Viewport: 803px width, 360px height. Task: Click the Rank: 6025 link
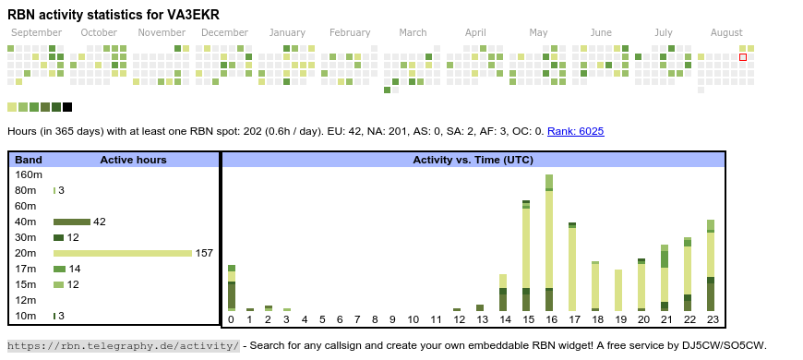coord(576,131)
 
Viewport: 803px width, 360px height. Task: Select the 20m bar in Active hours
coord(123,253)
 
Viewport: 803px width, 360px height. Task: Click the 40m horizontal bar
coord(72,222)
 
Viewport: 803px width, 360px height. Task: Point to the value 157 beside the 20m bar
coord(204,253)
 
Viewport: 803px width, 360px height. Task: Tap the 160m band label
coord(29,174)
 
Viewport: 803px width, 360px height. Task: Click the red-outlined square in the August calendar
coord(743,57)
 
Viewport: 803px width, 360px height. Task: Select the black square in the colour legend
coord(67,107)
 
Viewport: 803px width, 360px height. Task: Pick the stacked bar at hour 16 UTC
coord(549,243)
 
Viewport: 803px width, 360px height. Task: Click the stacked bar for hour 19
coord(618,291)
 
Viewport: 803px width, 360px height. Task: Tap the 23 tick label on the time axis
coord(713,319)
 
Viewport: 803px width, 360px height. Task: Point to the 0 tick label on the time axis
coord(232,319)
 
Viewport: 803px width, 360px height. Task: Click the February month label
coord(350,33)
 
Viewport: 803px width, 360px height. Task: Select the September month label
coord(36,33)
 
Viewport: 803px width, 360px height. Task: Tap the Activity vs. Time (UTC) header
coord(473,160)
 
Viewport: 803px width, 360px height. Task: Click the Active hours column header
coord(133,160)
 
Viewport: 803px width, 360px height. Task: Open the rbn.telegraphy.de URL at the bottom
coord(123,345)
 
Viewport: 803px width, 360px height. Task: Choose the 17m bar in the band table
coord(59,269)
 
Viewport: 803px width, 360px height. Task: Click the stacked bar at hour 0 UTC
coord(232,288)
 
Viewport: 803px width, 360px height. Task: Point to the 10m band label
coord(26,316)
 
